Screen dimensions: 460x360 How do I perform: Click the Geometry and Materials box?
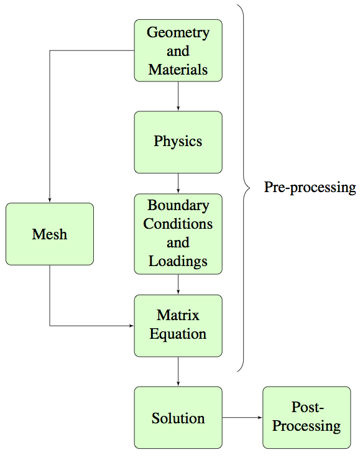[x=178, y=50]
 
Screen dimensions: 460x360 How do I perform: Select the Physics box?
[x=178, y=142]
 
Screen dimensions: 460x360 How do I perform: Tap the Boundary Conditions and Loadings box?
[x=178, y=233]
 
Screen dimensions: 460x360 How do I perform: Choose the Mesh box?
[x=50, y=234]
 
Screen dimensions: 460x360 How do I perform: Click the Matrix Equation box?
[x=178, y=325]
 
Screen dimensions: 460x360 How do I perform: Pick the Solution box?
[x=178, y=418]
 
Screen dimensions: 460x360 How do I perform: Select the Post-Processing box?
[x=307, y=417]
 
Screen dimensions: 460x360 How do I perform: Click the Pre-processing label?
[x=310, y=188]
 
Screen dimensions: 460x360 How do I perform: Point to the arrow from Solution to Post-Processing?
[x=242, y=418]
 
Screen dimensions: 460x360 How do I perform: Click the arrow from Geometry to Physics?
[x=178, y=96]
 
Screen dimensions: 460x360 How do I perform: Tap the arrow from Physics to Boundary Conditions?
[x=178, y=183]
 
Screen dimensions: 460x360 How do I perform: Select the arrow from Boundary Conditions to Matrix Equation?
[x=178, y=284]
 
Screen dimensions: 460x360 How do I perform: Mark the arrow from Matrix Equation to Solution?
[x=178, y=372]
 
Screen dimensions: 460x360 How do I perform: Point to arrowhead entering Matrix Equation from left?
[x=131, y=325]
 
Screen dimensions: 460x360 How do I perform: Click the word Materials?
[x=178, y=69]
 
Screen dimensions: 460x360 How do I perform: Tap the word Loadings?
[x=178, y=261]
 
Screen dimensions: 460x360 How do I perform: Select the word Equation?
[x=178, y=334]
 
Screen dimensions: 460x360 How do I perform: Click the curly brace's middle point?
[x=248, y=188]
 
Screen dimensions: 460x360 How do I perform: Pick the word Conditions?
[x=178, y=224]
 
